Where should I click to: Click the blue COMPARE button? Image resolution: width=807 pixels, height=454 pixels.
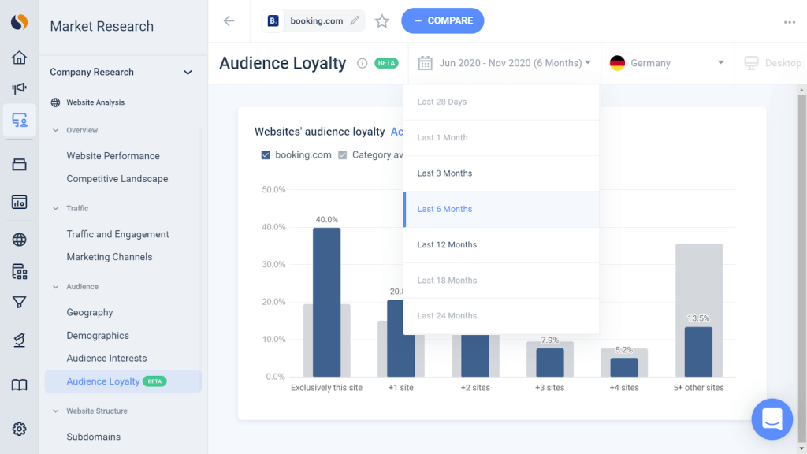pos(442,21)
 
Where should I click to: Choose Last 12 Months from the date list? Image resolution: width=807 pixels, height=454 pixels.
pos(447,245)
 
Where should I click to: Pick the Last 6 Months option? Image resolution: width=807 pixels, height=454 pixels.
pos(444,210)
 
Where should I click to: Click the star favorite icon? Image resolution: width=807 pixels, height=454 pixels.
pos(382,21)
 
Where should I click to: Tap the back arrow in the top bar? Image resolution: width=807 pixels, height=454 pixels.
pos(229,21)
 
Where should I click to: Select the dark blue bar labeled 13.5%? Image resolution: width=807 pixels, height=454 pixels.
pos(698,352)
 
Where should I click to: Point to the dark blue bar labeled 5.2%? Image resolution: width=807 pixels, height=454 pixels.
pos(624,367)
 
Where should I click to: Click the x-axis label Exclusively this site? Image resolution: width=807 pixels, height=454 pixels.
pos(326,388)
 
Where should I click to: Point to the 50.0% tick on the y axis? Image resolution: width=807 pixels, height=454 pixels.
pos(273,190)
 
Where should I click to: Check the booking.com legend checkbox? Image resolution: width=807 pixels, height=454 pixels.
pos(266,155)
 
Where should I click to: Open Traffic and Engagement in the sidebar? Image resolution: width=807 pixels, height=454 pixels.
pos(117,234)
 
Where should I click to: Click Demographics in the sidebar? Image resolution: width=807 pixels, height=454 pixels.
pos(98,336)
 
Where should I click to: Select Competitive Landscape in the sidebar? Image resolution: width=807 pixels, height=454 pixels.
pos(117,179)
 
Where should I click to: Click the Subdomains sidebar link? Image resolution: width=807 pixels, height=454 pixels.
pos(93,437)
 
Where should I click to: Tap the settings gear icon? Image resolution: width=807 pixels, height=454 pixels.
pos(20,429)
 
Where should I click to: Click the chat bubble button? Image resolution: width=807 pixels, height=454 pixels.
pos(772,419)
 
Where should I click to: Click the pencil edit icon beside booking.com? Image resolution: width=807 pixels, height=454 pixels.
pos(355,21)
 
